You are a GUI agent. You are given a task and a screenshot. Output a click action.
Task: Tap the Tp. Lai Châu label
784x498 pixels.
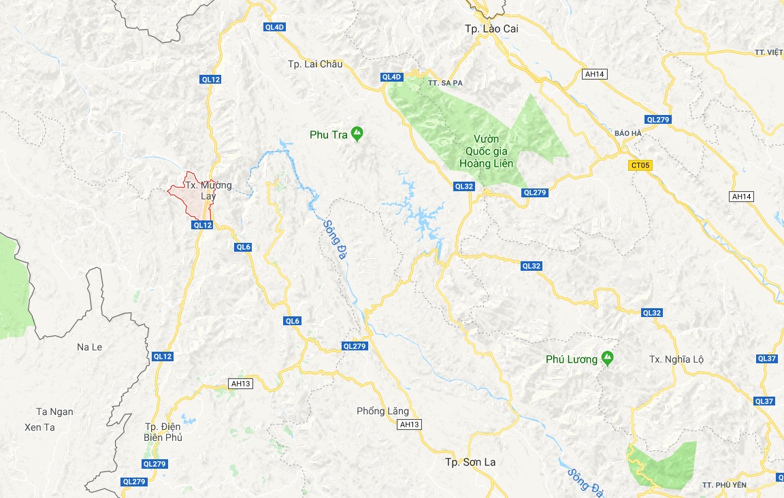[315, 65]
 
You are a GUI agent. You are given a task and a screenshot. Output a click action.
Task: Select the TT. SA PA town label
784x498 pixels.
[445, 82]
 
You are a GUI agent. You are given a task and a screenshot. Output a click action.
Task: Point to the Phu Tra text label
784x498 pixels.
[328, 135]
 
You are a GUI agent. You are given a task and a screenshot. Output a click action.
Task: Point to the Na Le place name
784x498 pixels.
[89, 347]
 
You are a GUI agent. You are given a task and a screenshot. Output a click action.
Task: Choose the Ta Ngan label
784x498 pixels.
[55, 412]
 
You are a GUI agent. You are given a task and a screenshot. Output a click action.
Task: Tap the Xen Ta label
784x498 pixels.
[39, 427]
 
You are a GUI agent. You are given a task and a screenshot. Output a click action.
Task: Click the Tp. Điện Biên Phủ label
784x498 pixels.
[163, 432]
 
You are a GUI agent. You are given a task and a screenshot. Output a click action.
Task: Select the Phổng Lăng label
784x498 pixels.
[382, 411]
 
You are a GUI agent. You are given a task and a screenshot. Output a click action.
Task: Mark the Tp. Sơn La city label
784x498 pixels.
[470, 463]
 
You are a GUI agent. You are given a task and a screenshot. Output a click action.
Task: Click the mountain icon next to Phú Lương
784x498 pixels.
[607, 358]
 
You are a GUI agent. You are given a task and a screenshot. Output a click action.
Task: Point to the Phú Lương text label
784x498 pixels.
[571, 359]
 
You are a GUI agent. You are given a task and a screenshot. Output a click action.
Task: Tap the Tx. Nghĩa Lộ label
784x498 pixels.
[677, 359]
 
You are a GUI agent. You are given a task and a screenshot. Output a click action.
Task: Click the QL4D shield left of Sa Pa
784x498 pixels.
[392, 77]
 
